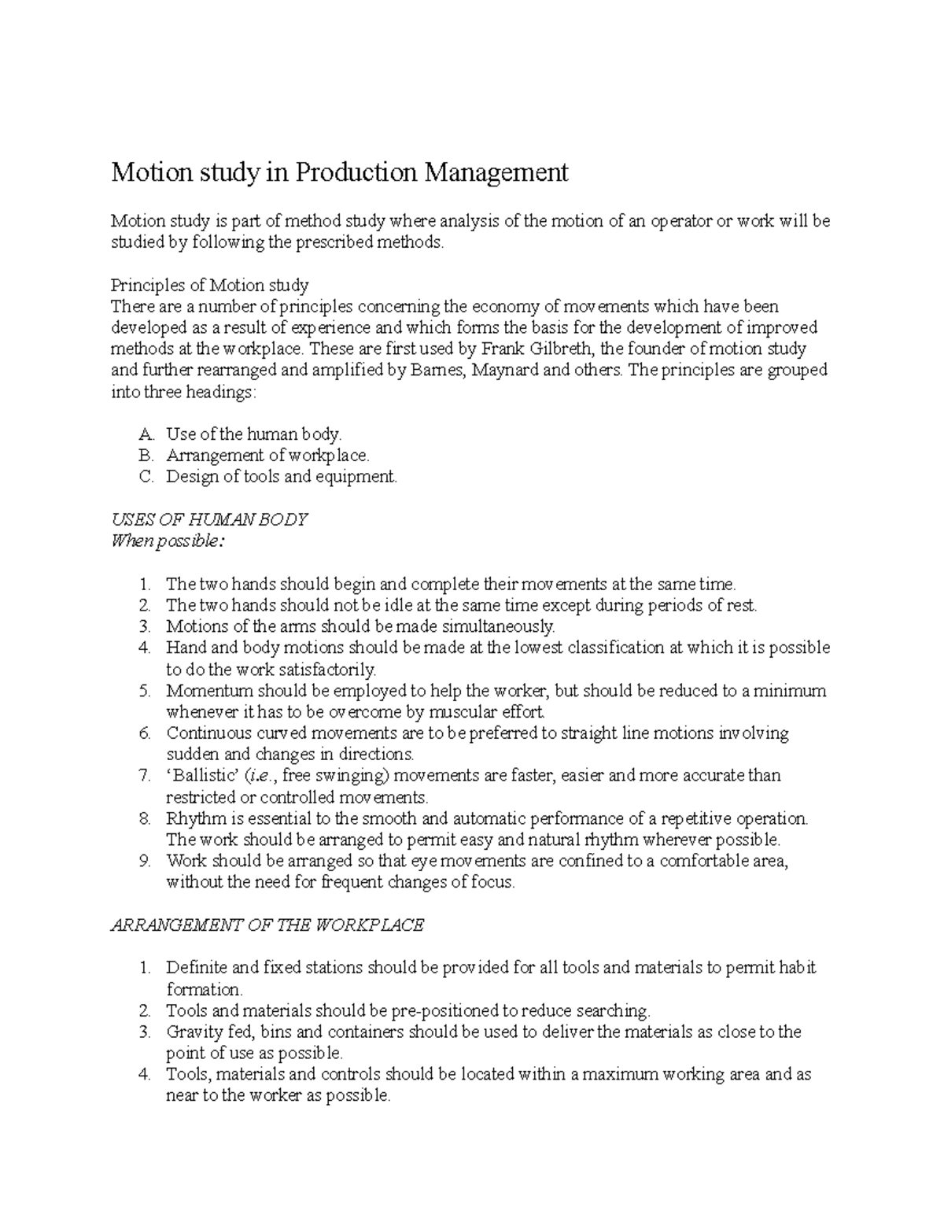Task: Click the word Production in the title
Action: [x=356, y=172]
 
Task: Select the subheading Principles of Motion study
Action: [x=209, y=285]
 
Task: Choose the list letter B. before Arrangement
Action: [x=146, y=456]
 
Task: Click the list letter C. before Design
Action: [x=146, y=477]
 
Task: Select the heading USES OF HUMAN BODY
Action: [x=209, y=520]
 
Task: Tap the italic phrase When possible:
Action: [x=168, y=541]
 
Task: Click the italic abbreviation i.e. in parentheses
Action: [x=259, y=776]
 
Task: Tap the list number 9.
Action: [x=144, y=861]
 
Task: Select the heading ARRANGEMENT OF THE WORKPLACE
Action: [x=267, y=925]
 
